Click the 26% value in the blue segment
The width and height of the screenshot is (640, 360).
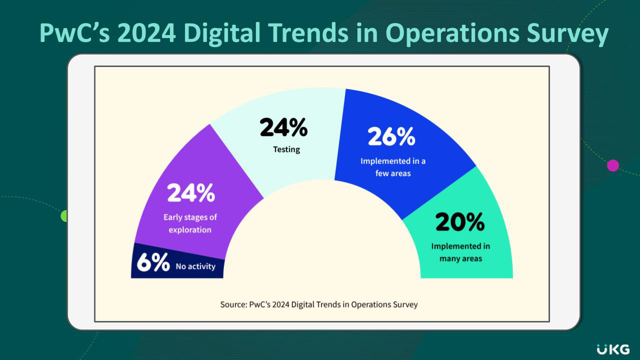(x=391, y=136)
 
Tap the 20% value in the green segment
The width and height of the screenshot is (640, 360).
(x=459, y=222)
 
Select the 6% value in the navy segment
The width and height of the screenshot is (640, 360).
(x=153, y=263)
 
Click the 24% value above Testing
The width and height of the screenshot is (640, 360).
(x=283, y=128)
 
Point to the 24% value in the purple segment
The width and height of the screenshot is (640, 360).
(x=190, y=193)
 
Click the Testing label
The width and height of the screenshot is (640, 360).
(x=286, y=149)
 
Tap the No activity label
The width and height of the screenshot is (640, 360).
(x=195, y=266)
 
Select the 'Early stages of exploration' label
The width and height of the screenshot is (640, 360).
(x=190, y=223)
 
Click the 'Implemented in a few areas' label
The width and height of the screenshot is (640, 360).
(x=393, y=167)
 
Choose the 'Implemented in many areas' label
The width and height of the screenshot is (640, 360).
(x=460, y=252)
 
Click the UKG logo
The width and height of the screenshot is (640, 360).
(x=613, y=349)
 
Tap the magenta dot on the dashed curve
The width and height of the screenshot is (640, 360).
(x=613, y=165)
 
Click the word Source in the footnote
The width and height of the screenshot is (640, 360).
(x=232, y=304)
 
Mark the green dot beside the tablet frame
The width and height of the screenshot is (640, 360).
(x=63, y=216)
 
